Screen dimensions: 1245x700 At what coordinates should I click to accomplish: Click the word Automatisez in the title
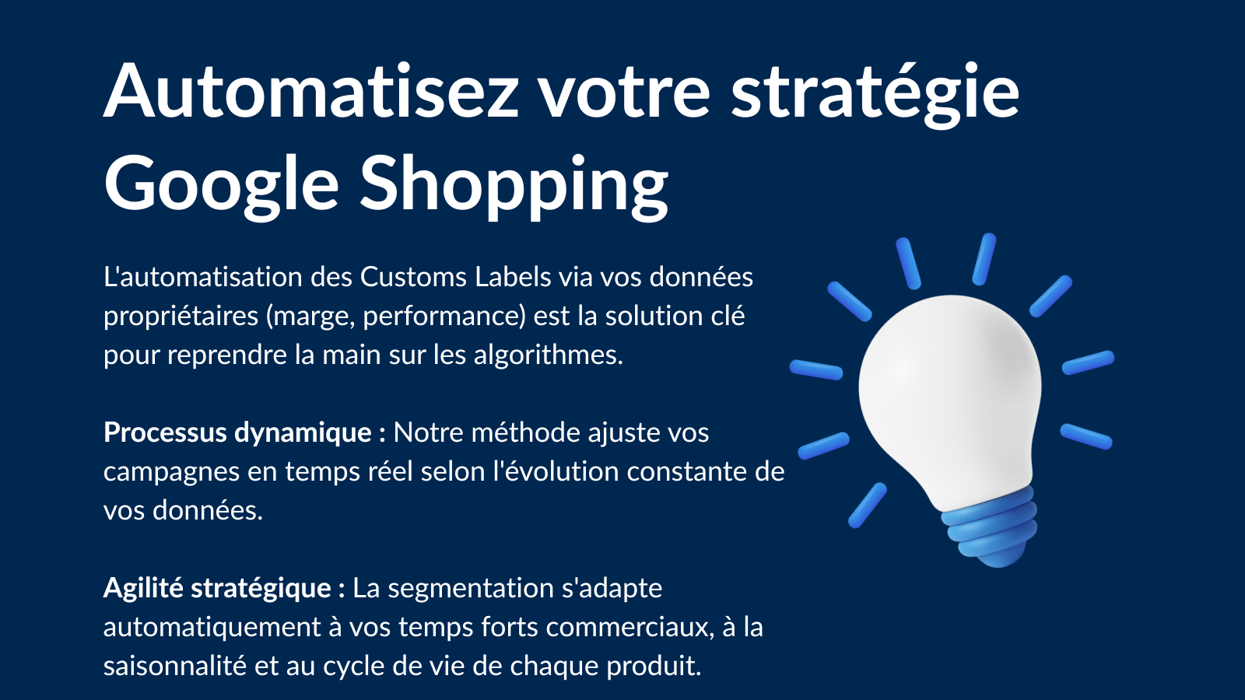(311, 90)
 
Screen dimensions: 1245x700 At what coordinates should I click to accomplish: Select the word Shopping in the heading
(514, 186)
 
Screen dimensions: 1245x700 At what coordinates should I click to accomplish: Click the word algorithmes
(549, 355)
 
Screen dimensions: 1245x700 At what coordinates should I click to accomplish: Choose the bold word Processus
(165, 432)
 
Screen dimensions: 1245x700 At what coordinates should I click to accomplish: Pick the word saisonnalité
(175, 666)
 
